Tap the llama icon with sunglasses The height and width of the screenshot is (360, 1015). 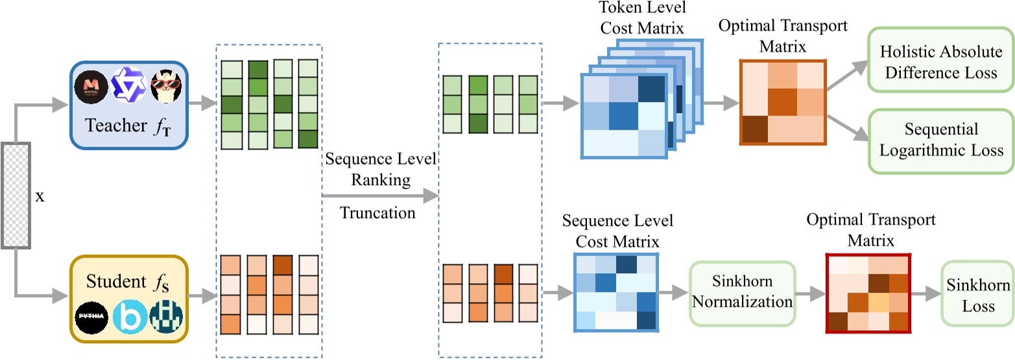tap(164, 88)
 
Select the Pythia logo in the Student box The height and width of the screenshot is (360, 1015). tap(91, 318)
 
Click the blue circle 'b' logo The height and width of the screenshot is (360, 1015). tap(128, 318)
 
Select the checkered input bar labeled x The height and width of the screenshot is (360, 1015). tap(16, 194)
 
